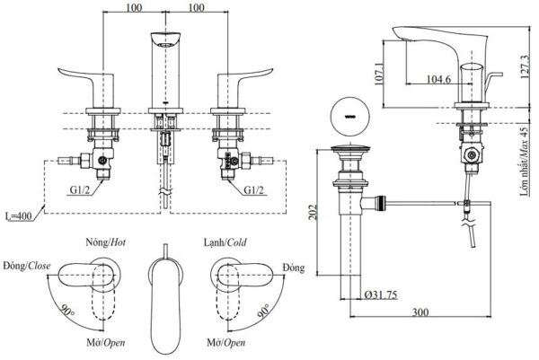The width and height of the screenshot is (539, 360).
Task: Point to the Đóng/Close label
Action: (x=26, y=267)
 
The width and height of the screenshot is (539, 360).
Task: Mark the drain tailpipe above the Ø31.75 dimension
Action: (x=347, y=251)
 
